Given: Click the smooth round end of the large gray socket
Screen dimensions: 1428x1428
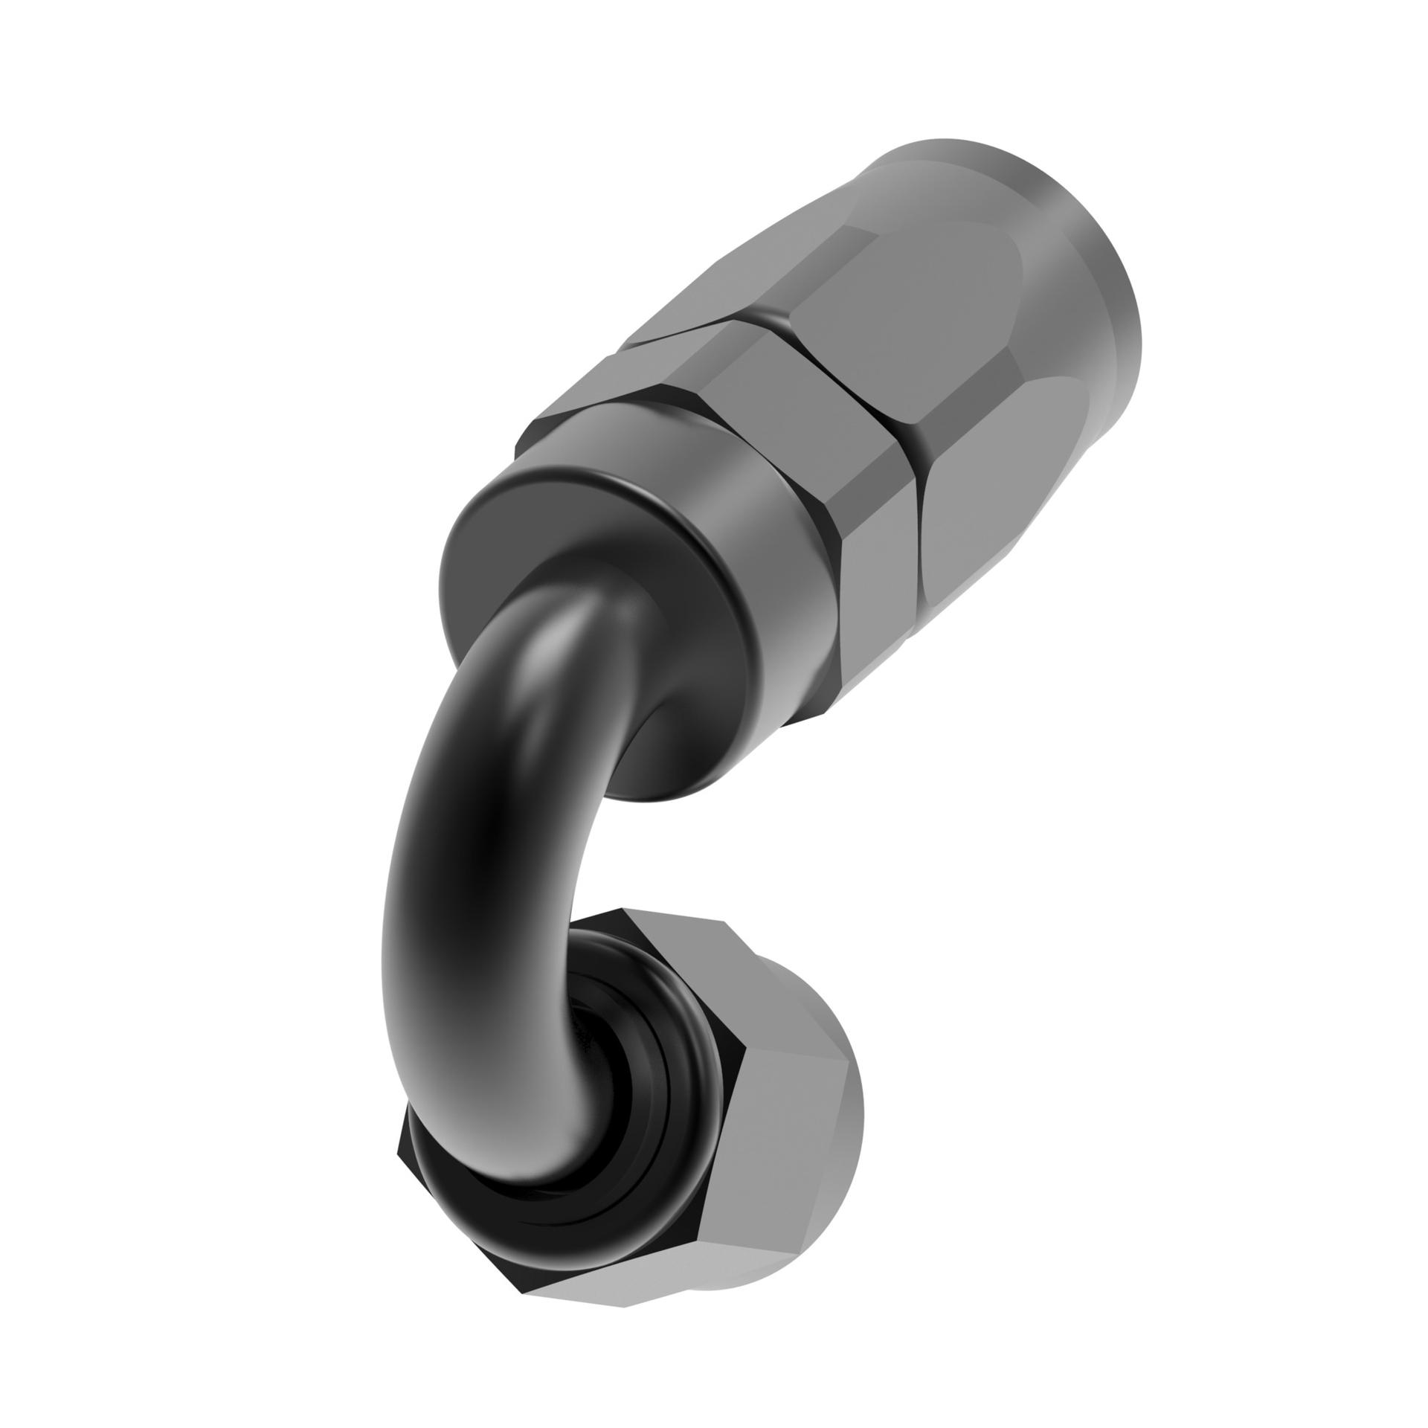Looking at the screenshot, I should click(x=1071, y=245).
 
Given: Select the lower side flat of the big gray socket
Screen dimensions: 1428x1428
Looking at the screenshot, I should click(x=967, y=521).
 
